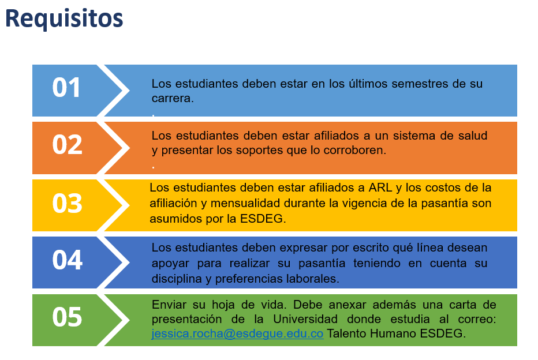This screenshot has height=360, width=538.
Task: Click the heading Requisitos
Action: [64, 19]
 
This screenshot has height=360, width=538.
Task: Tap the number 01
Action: [66, 88]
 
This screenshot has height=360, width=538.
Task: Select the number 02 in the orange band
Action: [67, 144]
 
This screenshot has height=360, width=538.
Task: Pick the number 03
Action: [67, 203]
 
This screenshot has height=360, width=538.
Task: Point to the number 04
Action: [67, 260]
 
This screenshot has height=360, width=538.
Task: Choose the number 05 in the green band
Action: [67, 317]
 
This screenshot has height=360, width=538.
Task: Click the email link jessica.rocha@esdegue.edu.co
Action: [237, 333]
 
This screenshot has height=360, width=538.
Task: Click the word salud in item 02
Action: [473, 136]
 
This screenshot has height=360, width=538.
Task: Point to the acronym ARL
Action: [380, 187]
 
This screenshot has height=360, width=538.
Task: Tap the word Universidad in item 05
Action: [305, 319]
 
